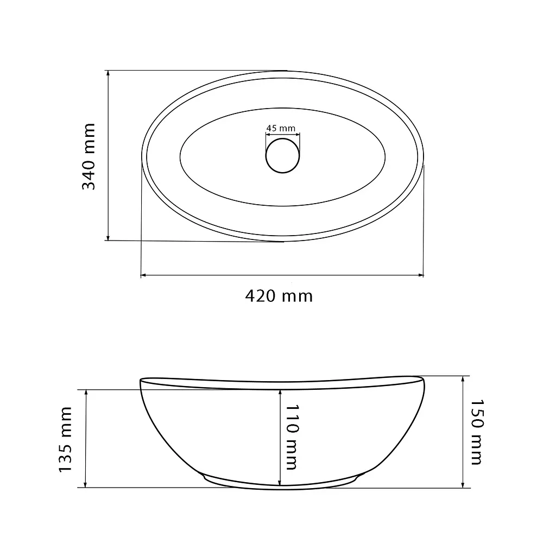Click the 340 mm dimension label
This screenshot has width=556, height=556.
89,156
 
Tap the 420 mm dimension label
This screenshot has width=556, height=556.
279,296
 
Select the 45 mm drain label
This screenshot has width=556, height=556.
281,128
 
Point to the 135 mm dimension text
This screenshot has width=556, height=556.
66,439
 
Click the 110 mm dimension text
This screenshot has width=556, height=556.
292,437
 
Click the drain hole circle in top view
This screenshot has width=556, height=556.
282,156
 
